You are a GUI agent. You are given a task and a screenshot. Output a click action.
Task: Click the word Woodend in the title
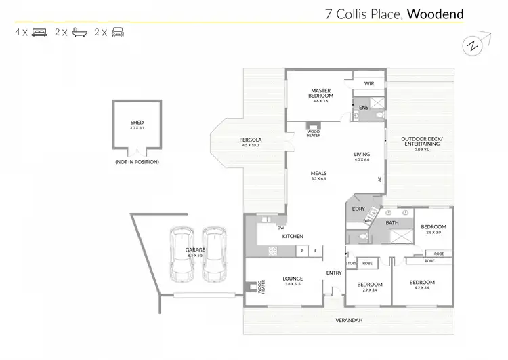(435, 13)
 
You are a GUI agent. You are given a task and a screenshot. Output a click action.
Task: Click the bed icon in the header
(39, 32)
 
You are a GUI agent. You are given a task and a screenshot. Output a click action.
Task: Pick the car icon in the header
(118, 32)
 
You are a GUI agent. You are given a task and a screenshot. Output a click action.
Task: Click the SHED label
(137, 123)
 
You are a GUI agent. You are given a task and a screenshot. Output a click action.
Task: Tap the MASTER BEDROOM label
(320, 93)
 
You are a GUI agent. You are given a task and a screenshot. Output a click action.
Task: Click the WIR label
(369, 84)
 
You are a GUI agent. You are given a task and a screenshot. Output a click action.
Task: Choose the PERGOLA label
(250, 140)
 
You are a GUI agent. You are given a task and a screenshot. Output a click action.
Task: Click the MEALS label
(318, 173)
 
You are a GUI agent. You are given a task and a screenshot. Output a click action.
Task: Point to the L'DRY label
(358, 209)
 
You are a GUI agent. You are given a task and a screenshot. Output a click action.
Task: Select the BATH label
(391, 222)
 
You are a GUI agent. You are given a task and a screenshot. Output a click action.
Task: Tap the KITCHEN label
(293, 236)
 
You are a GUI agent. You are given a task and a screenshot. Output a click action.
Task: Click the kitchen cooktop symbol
(273, 251)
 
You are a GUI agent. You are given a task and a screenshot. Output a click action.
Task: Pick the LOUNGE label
(293, 279)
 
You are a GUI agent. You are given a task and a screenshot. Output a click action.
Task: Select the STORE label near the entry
(351, 262)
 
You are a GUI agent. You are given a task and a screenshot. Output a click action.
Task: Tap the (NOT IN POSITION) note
(137, 163)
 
